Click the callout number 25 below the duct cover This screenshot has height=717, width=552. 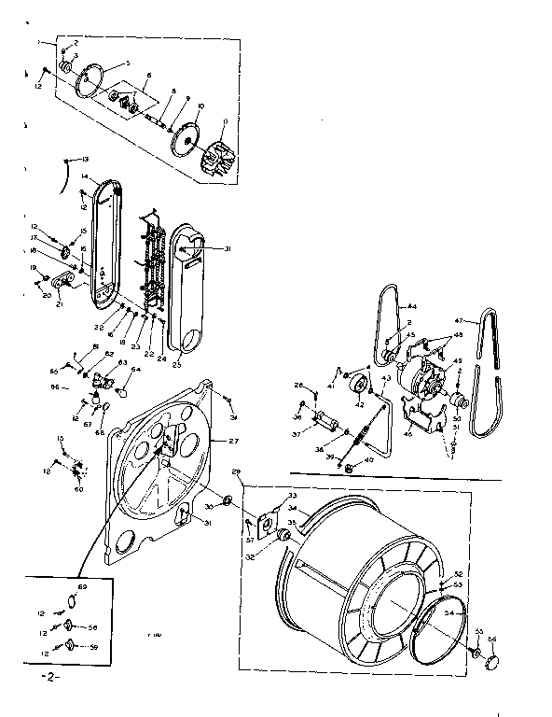pos(177,362)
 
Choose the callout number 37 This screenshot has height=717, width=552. pos(296,433)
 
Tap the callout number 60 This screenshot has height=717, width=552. pos(78,489)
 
